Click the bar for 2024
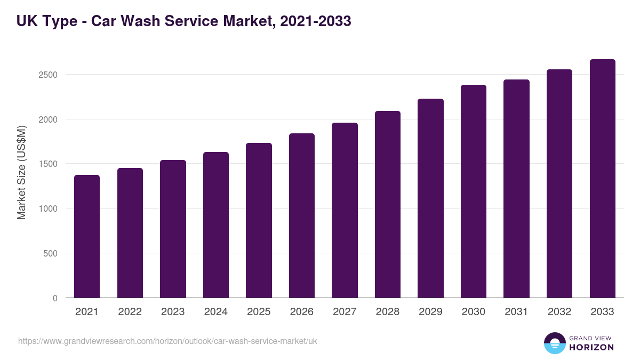pyautogui.click(x=216, y=225)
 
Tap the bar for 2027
pyautogui.click(x=345, y=210)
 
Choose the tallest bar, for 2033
pyautogui.click(x=602, y=178)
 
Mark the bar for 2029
pyautogui.click(x=430, y=198)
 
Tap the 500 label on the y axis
pyautogui.click(x=50, y=253)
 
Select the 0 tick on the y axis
pyautogui.click(x=55, y=298)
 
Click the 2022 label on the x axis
pyautogui.click(x=130, y=312)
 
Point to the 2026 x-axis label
pyautogui.click(x=301, y=312)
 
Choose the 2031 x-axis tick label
pyautogui.click(x=516, y=312)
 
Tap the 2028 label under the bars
pyautogui.click(x=387, y=312)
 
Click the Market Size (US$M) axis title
pyautogui.click(x=21, y=172)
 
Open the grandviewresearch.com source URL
pyautogui.click(x=167, y=341)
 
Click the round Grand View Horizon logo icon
pyautogui.click(x=555, y=343)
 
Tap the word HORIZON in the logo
pyautogui.click(x=591, y=347)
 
